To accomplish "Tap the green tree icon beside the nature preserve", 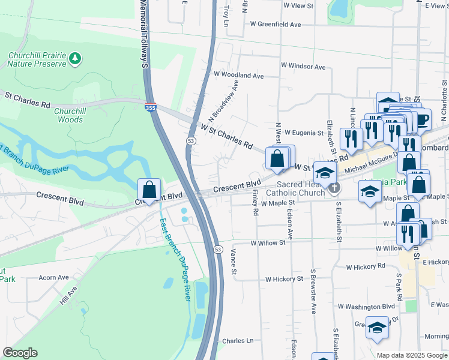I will pos(75,58).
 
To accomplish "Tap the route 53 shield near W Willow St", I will pos(218,248).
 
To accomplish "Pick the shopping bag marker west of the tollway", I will pos(149,190).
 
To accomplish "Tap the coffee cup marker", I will pos(423,119).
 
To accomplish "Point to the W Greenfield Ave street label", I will pos(276,25).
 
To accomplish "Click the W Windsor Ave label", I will pos(303,67).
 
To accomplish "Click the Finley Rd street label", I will pos(255,203).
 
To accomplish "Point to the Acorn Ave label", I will pos(54,278).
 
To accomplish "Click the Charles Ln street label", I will pos(238,341).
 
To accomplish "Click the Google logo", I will pos(20,352).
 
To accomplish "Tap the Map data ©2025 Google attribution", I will pos(411,355).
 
